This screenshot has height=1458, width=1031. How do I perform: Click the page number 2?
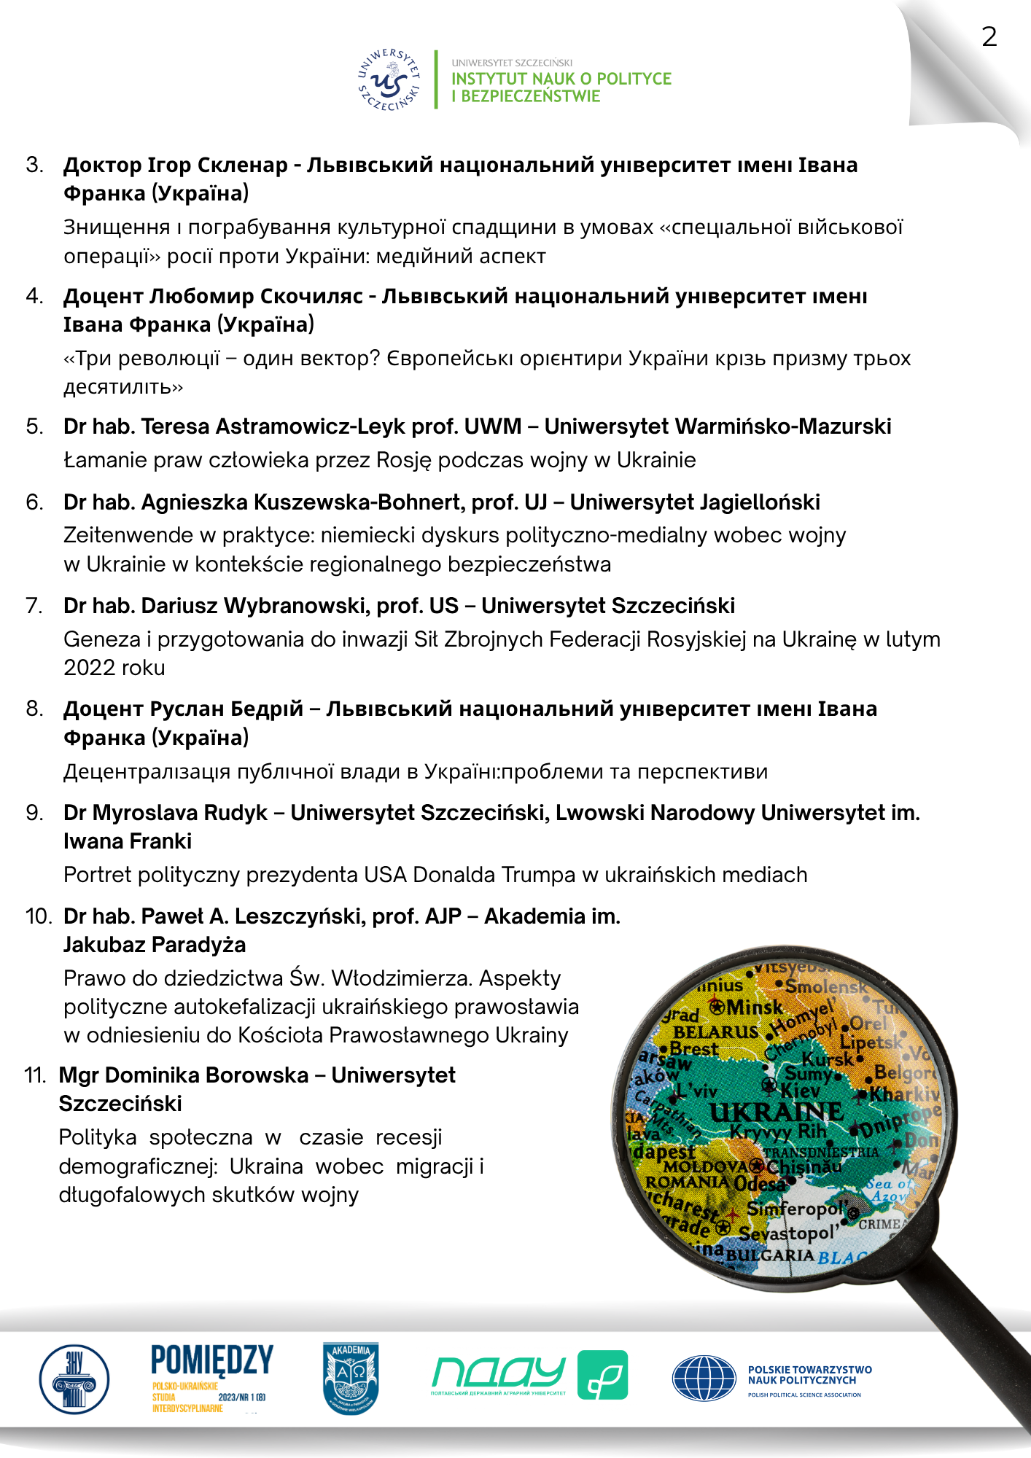tap(989, 36)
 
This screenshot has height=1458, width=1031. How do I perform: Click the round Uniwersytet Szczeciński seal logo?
tap(389, 80)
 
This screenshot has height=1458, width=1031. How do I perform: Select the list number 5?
tap(34, 426)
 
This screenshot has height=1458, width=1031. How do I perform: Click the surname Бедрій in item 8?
tap(267, 709)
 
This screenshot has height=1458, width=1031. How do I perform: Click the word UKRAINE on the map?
tap(776, 1112)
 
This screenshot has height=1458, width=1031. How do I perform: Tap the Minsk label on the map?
tap(755, 1007)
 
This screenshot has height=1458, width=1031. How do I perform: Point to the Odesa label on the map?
tap(759, 1183)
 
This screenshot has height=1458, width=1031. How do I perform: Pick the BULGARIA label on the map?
tap(770, 1255)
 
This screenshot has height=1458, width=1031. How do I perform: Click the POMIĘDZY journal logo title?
tap(212, 1360)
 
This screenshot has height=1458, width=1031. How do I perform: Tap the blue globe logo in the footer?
tap(704, 1379)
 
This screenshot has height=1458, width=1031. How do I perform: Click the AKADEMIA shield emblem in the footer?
tap(351, 1378)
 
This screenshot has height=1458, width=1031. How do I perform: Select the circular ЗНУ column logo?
tap(74, 1379)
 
